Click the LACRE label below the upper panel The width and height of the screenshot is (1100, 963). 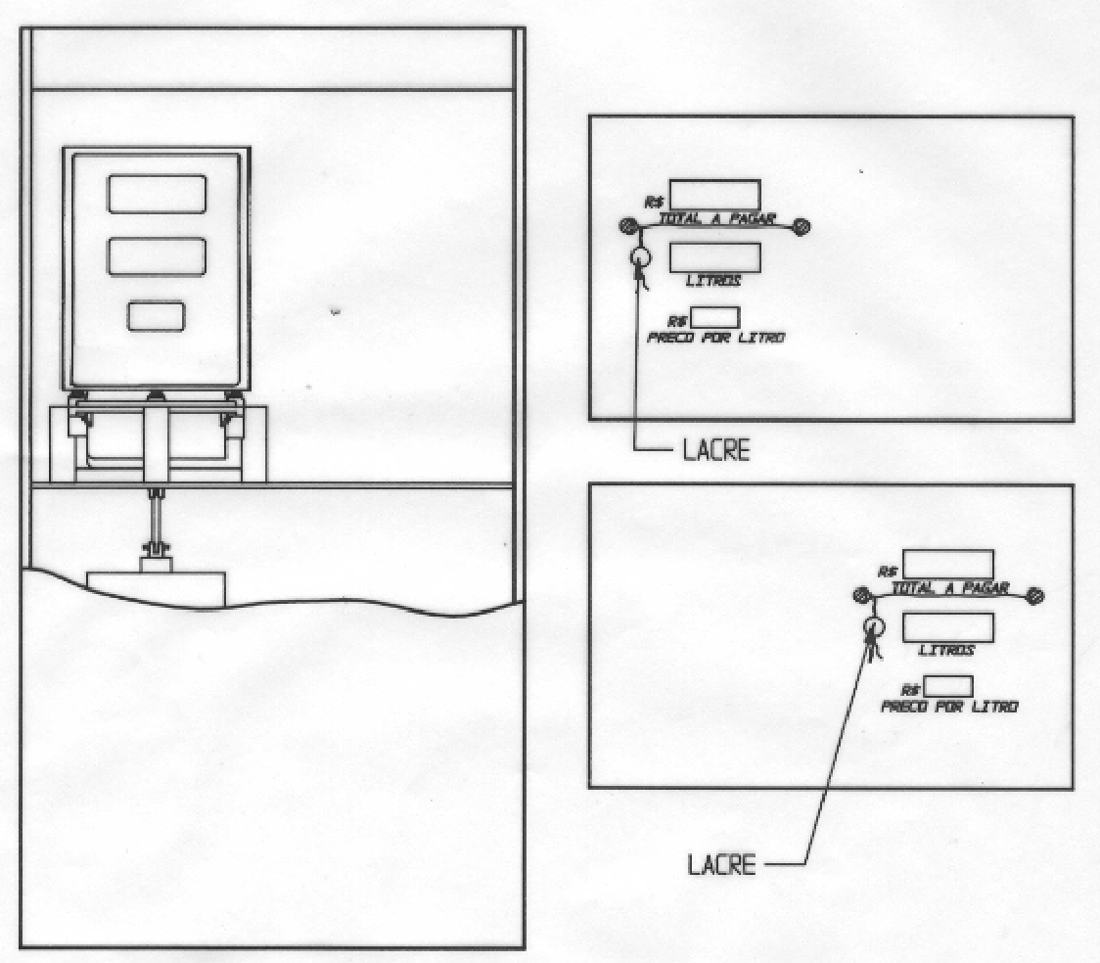click(x=716, y=450)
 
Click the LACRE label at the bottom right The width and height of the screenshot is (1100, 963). click(x=722, y=864)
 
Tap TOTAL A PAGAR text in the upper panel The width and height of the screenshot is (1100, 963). click(x=717, y=219)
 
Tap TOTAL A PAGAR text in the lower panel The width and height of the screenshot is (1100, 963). click(x=950, y=588)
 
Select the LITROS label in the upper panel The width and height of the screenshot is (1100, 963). click(x=713, y=281)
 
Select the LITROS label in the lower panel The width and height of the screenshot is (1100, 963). click(x=947, y=650)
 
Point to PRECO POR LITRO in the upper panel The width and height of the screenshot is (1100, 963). click(x=715, y=338)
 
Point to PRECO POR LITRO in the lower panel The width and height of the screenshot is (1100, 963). click(x=949, y=707)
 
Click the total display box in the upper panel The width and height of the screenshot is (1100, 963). click(x=714, y=195)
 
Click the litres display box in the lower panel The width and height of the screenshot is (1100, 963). click(x=947, y=627)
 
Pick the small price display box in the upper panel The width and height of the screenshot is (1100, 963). click(x=714, y=318)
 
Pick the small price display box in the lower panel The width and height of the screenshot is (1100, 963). click(x=947, y=687)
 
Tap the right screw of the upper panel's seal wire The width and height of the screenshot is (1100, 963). click(x=802, y=226)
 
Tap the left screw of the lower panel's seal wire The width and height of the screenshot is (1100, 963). click(x=861, y=596)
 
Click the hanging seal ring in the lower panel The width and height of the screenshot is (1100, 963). click(x=873, y=627)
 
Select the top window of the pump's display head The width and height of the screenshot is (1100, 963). click(x=158, y=195)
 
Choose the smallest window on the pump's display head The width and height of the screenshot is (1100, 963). click(x=157, y=316)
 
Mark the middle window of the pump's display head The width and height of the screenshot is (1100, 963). click(x=158, y=257)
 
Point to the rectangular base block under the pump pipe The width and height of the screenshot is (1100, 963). click(x=156, y=589)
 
